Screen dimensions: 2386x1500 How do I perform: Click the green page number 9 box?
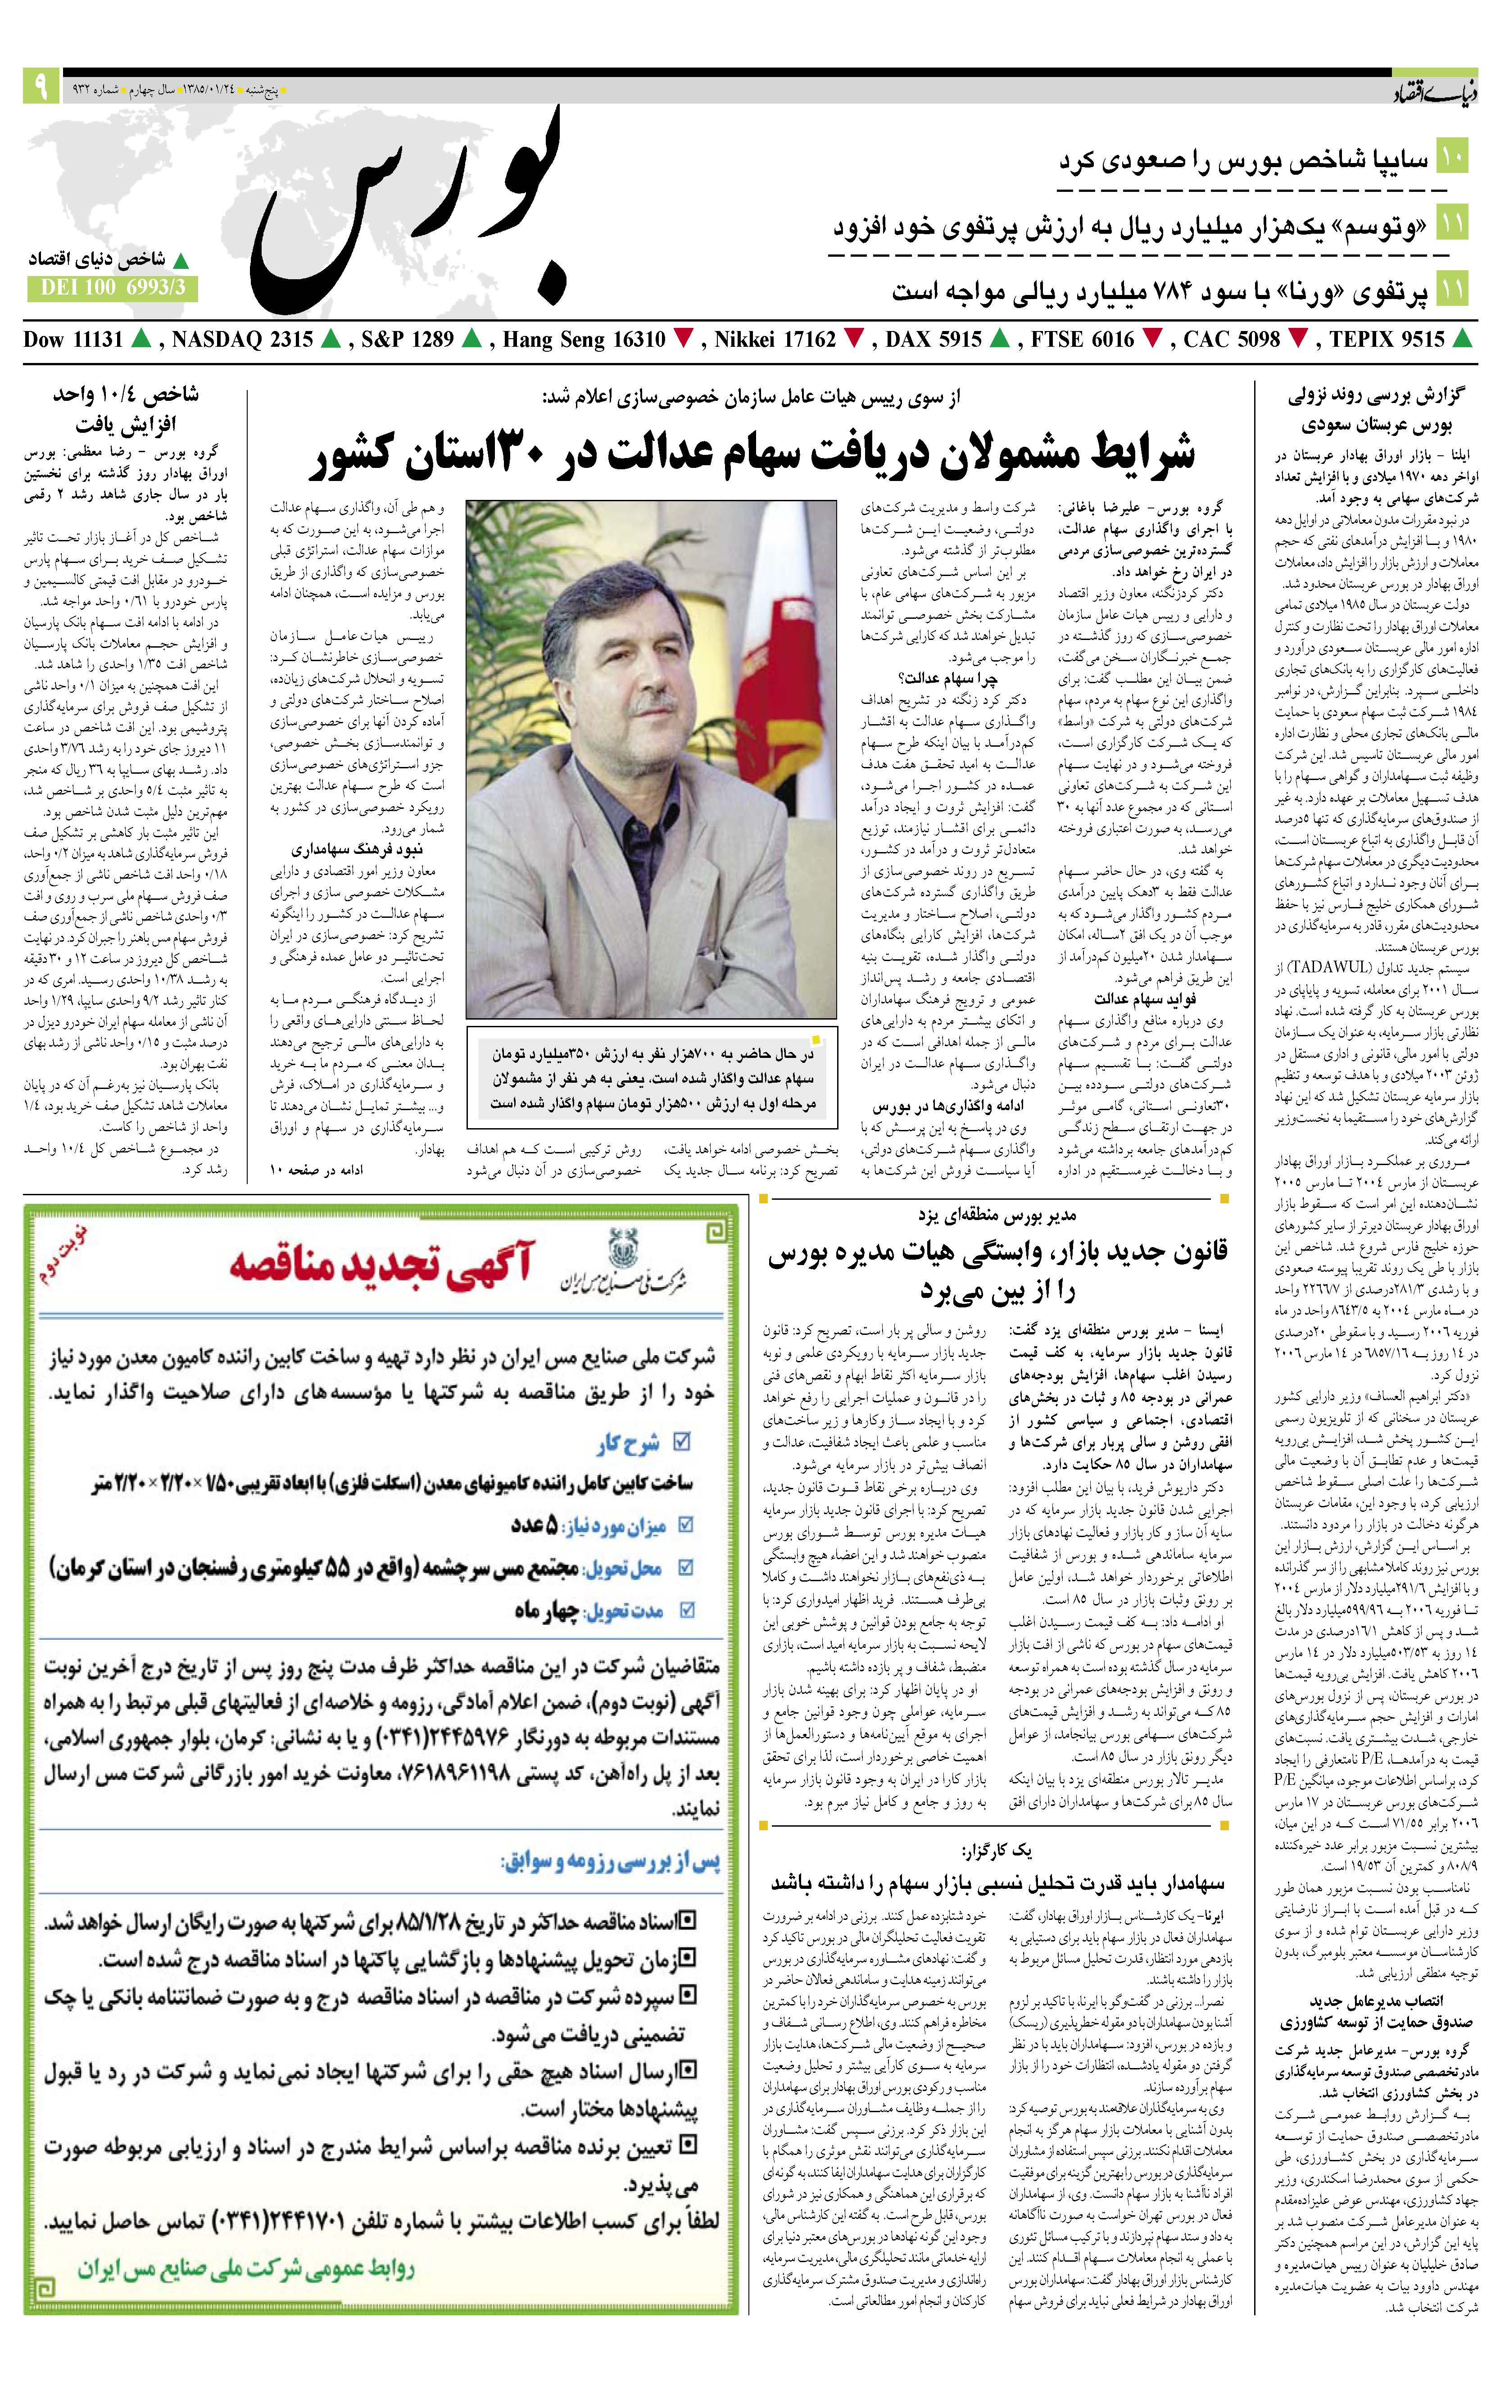tap(41, 87)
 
